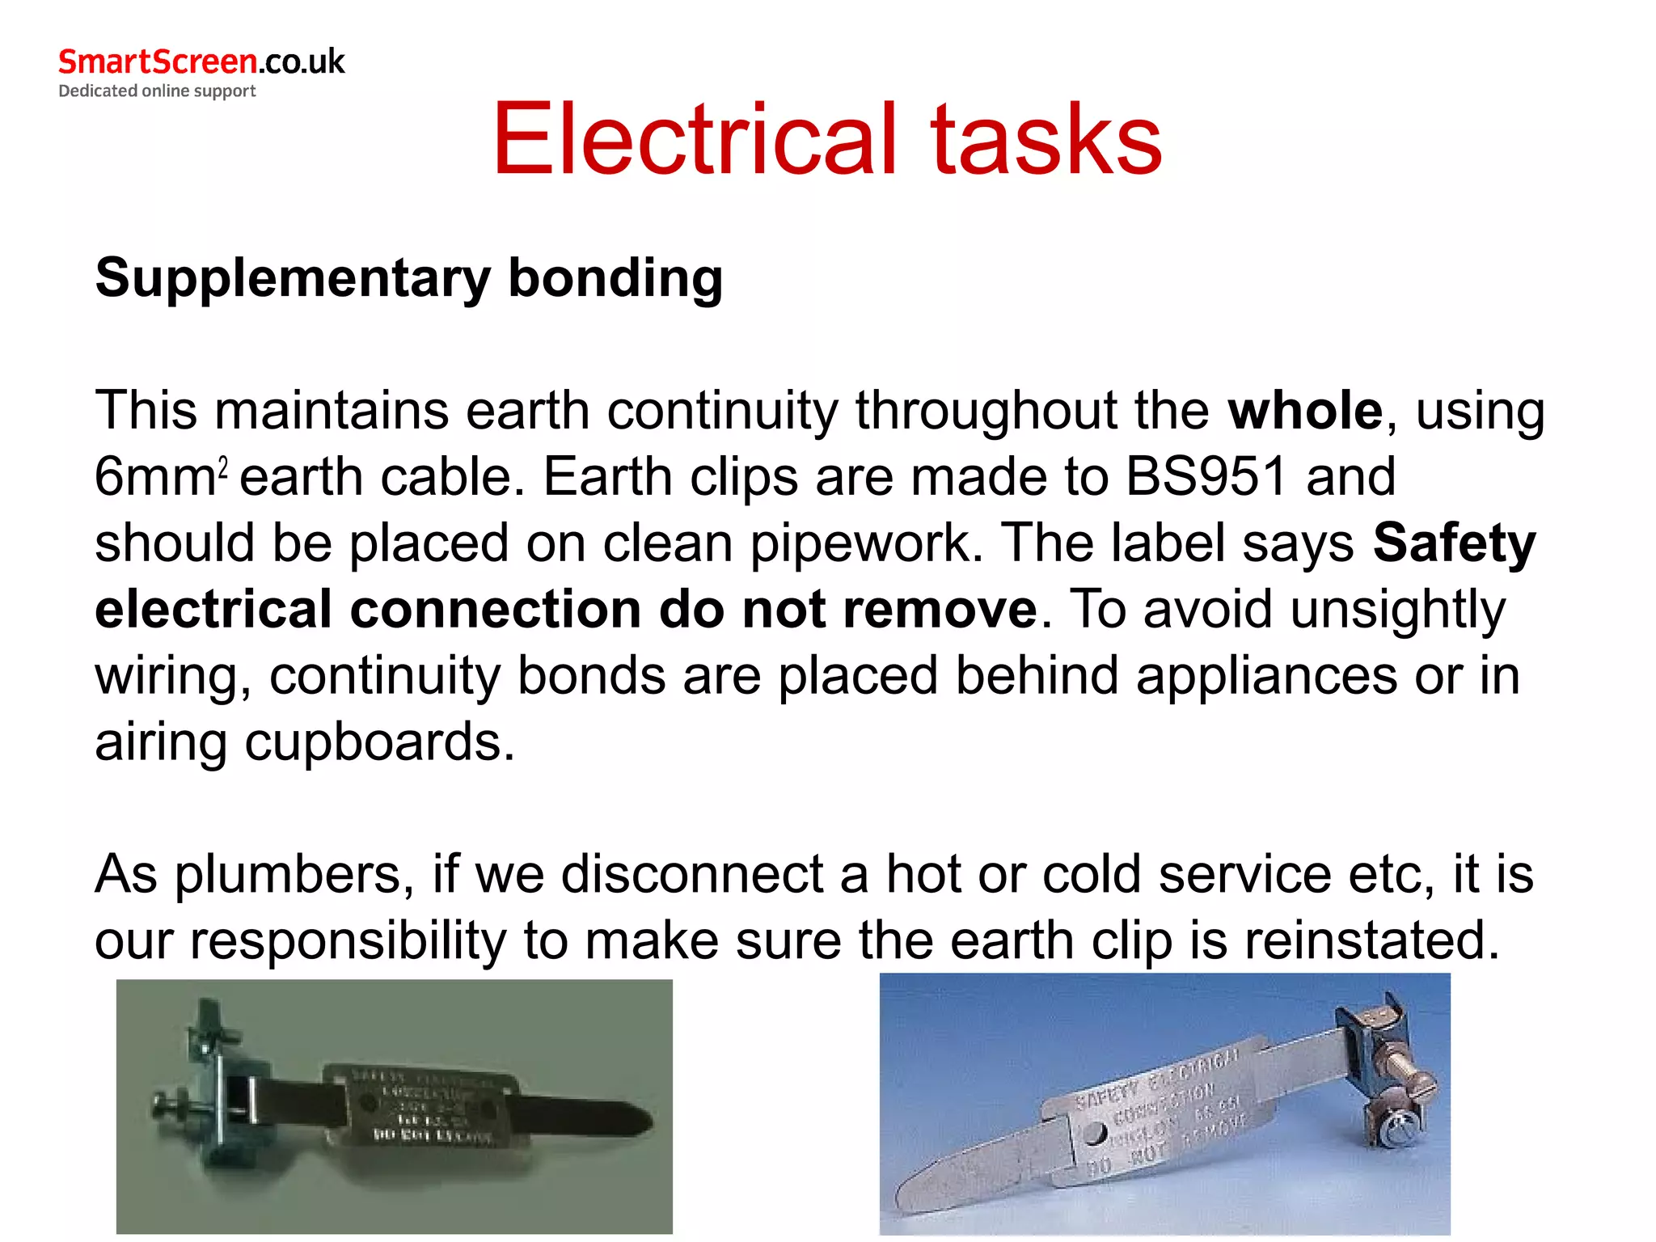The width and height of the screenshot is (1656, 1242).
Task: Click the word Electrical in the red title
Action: pos(695,139)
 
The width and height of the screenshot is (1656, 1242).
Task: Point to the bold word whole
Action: pos(1304,411)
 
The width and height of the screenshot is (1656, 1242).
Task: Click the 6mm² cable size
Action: pos(160,477)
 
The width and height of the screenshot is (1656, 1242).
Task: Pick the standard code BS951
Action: pos(1206,477)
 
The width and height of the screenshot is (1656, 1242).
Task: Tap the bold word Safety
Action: pos(1454,543)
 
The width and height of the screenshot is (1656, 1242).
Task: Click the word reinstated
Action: pos(1371,941)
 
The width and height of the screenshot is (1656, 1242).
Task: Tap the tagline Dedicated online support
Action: pos(157,91)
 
